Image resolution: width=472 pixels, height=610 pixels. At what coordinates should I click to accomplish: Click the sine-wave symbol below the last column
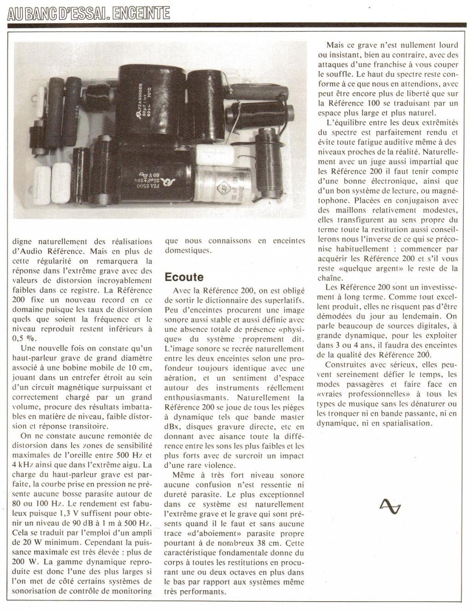(x=390, y=506)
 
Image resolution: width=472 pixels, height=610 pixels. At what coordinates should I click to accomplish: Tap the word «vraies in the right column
(x=331, y=394)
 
